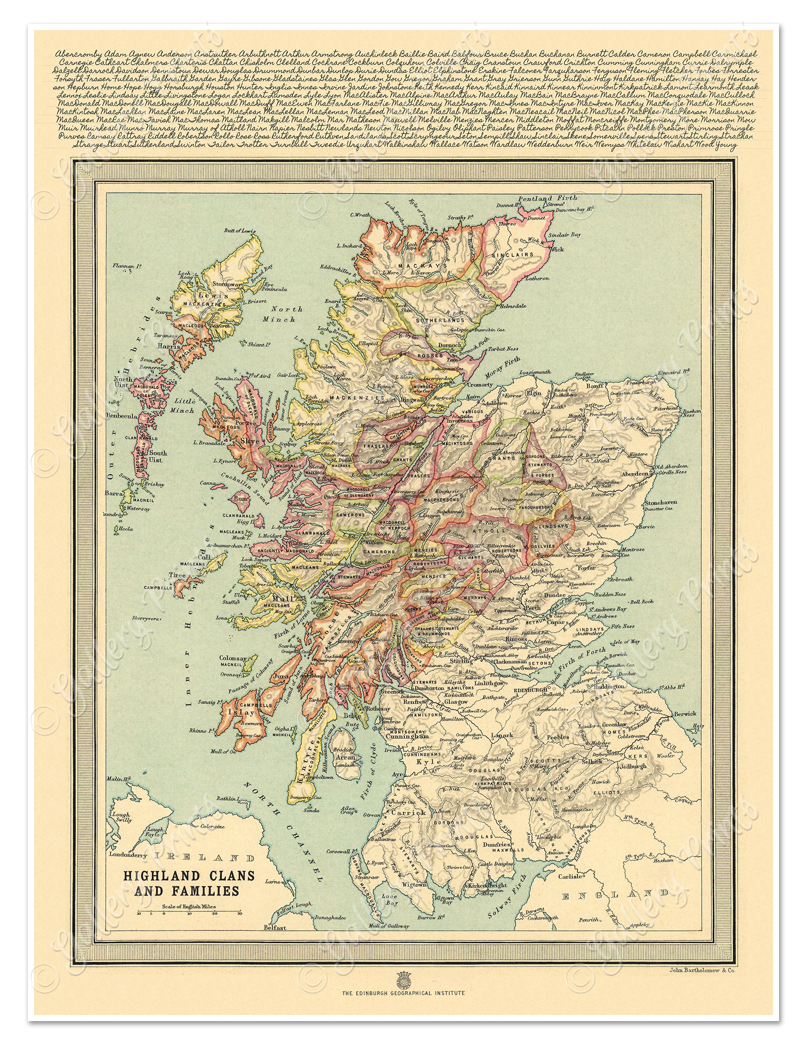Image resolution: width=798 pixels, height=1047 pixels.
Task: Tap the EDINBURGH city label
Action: pos(528,691)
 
